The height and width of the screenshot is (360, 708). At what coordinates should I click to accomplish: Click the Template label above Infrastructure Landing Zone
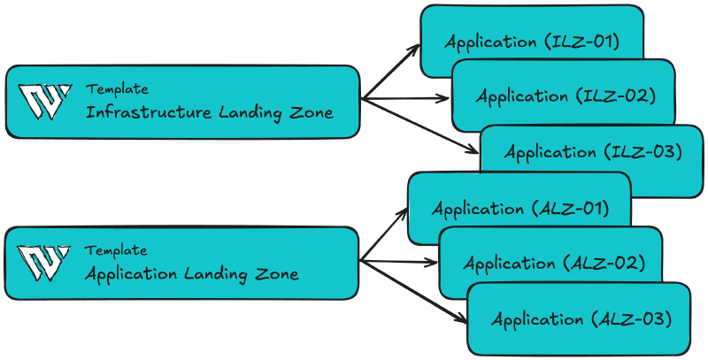(x=117, y=89)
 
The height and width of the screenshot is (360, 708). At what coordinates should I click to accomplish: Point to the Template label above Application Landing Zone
(x=116, y=251)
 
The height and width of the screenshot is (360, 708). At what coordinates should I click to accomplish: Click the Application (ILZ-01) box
(x=531, y=41)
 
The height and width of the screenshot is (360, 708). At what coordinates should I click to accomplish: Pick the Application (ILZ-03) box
(x=592, y=151)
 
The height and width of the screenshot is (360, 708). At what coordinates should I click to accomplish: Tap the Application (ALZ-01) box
(x=519, y=209)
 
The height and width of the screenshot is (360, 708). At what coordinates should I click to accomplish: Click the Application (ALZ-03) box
(x=579, y=318)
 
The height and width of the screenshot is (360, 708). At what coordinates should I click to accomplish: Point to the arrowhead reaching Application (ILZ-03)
(x=473, y=151)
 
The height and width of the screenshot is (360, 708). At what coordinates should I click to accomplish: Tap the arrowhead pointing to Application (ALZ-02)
(x=433, y=263)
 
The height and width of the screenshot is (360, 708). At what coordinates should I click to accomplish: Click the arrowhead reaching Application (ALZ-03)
(x=461, y=318)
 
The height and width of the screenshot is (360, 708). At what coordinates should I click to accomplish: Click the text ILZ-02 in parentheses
(x=619, y=96)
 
